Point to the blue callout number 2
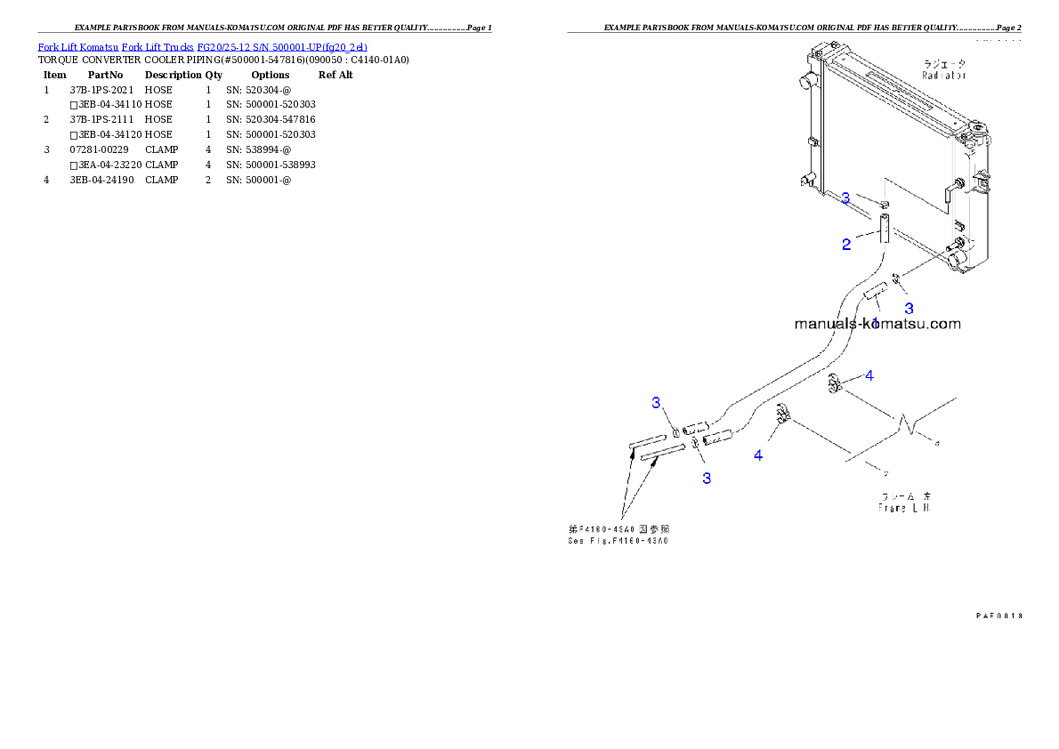846,245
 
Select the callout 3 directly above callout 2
845,197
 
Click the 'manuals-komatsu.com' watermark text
877,324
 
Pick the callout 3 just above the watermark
909,308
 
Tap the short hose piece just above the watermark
874,291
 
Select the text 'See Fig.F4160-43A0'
618,540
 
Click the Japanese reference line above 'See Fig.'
618,528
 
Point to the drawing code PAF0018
998,615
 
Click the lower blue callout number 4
757,455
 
